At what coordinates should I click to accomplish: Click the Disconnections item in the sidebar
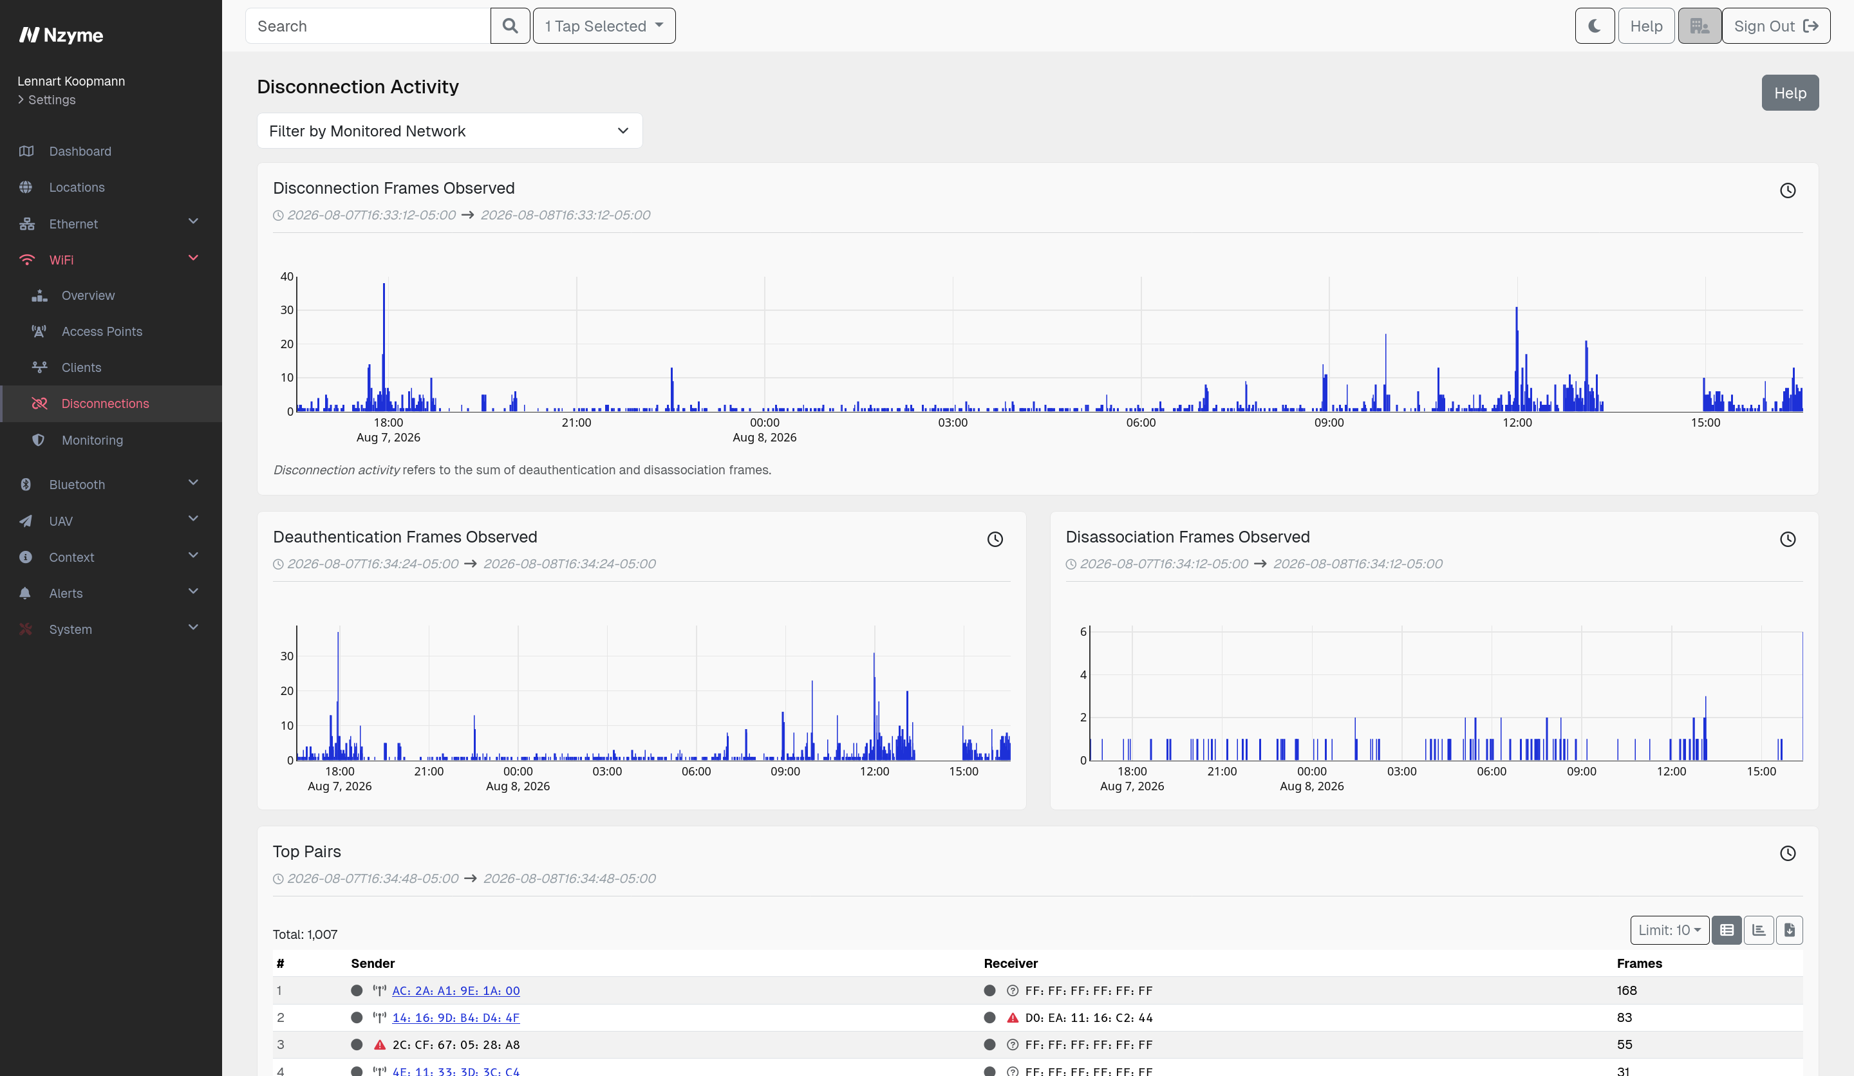(x=105, y=403)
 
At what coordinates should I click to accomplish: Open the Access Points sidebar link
(x=102, y=331)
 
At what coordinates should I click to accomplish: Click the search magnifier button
(x=510, y=26)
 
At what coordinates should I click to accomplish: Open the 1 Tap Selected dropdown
(x=604, y=26)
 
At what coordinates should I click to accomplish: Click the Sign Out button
(x=1776, y=26)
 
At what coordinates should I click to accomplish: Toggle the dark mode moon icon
(x=1595, y=26)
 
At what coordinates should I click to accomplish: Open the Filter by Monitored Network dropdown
(x=449, y=131)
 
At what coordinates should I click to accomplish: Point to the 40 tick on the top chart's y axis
(x=287, y=277)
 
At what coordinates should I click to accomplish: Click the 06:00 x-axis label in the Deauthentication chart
(x=696, y=771)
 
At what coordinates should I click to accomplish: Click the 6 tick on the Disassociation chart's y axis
(x=1083, y=632)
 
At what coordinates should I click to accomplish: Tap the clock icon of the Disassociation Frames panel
(x=1788, y=539)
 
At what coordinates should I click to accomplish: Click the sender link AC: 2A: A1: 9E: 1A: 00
(x=456, y=990)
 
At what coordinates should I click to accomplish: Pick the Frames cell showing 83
(x=1624, y=1018)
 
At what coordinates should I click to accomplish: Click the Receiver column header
(x=1011, y=963)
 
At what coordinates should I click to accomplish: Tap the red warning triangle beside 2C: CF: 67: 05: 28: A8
(x=380, y=1044)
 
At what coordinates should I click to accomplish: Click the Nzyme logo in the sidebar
(x=61, y=35)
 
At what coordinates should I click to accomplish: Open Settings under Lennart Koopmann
(x=51, y=99)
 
